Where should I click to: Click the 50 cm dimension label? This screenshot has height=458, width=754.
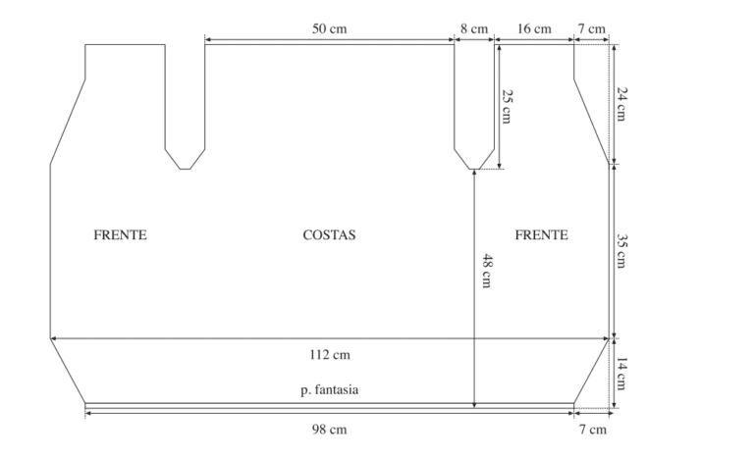point(330,28)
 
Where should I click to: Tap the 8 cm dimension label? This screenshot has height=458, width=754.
point(474,28)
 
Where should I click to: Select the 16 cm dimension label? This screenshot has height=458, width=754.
point(534,28)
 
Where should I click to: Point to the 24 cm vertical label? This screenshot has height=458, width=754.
point(621,104)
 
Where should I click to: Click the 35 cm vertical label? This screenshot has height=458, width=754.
point(621,251)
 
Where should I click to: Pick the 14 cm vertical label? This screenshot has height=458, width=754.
point(621,374)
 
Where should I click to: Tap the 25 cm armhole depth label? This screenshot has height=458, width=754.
point(507,107)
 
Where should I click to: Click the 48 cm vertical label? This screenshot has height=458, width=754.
point(487,271)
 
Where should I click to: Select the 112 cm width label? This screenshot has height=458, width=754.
point(330,355)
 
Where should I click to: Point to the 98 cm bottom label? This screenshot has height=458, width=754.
point(330,430)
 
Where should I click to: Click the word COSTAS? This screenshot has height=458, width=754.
point(330,235)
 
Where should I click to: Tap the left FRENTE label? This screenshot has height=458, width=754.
point(120,235)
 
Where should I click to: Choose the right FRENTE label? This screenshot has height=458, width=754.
point(542,235)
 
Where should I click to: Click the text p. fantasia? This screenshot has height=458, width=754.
point(330,389)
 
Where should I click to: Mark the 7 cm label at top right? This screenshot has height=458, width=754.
point(592,28)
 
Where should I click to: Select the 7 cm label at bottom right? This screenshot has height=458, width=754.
point(592,430)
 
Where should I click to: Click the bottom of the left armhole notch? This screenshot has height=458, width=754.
point(186,169)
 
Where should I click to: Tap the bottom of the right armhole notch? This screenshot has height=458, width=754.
point(474,169)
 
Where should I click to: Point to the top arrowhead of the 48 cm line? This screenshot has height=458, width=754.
point(474,172)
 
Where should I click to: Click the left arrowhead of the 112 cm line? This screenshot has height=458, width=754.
point(52,338)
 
